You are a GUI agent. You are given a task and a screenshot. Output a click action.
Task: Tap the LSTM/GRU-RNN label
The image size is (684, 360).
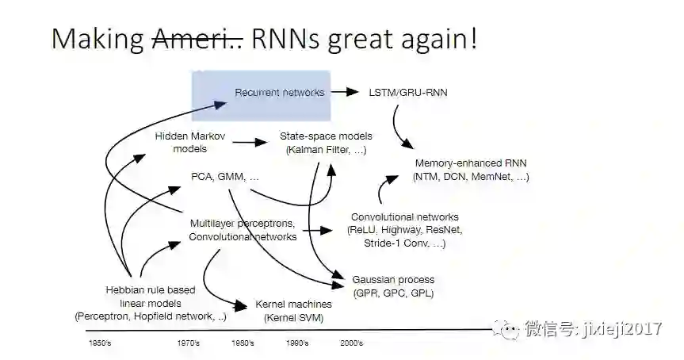tap(408, 93)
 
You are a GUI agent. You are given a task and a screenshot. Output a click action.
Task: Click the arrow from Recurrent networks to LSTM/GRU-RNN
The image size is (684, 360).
tap(345, 93)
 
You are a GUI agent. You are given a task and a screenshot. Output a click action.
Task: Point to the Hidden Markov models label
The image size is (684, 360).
tap(190, 143)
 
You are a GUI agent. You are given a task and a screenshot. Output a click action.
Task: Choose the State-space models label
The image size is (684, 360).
tap(326, 143)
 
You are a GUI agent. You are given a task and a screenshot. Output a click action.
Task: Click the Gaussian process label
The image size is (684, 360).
tap(393, 286)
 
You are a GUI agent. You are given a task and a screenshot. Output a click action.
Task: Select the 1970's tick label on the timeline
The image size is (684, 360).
tap(188, 343)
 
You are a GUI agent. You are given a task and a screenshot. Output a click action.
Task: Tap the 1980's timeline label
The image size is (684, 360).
tap(243, 343)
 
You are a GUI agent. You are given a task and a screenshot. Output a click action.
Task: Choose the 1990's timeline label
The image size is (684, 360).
tap(297, 343)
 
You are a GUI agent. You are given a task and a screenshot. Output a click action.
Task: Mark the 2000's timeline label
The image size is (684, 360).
tap(351, 343)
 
